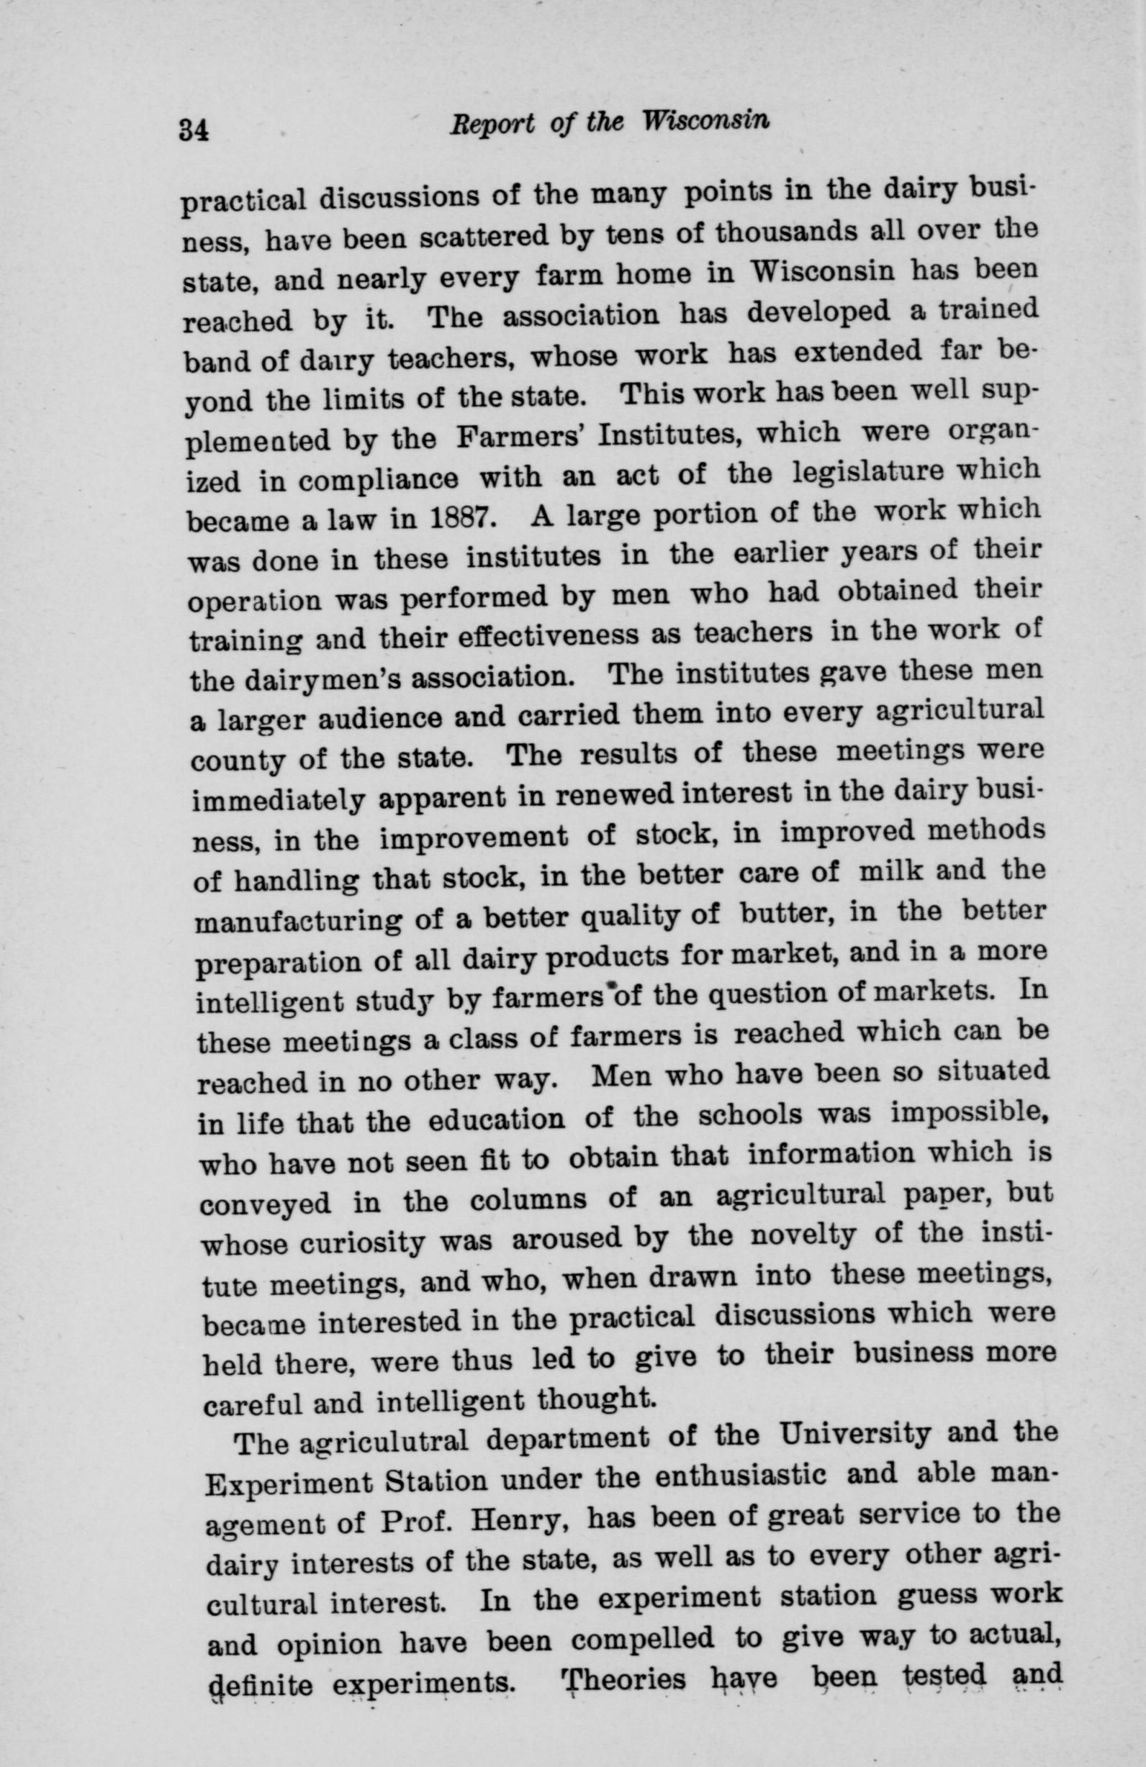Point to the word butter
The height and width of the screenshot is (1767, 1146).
click(x=788, y=912)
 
